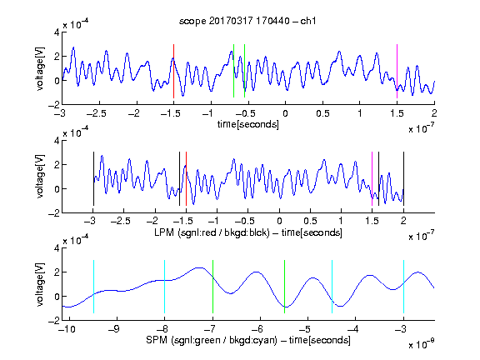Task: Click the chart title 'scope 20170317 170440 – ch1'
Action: tap(247, 21)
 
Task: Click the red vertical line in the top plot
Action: tap(173, 71)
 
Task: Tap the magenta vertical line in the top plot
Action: tap(397, 71)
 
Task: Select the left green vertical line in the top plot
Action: tap(233, 71)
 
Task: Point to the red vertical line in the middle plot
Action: tap(186, 179)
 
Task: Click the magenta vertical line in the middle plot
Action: tap(372, 179)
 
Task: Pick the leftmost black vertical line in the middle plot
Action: tap(93, 179)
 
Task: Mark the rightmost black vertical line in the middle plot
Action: tap(403, 179)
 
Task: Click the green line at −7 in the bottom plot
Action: tap(212, 287)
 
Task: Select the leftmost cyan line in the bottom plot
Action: tap(93, 287)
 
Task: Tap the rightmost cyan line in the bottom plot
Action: tap(403, 287)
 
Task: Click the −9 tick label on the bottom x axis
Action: tap(114, 329)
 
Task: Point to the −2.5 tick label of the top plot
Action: tap(97, 113)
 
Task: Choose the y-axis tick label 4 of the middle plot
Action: tap(57, 141)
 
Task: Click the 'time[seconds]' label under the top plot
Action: tap(248, 125)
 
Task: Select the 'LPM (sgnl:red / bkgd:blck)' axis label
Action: tap(212, 232)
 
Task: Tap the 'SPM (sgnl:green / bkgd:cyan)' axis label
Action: tap(212, 340)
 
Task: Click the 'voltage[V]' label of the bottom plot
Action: tap(40, 284)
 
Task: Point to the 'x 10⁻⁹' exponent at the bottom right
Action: tap(422, 344)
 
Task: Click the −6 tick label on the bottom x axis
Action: tap(257, 329)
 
